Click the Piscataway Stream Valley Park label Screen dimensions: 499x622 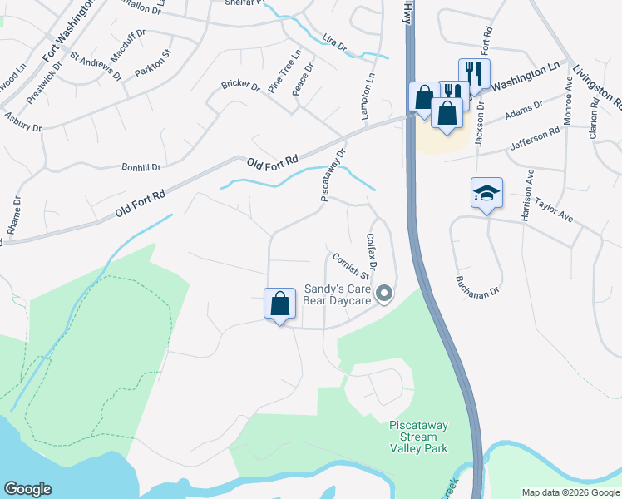click(x=418, y=437)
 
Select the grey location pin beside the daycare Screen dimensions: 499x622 click(x=383, y=294)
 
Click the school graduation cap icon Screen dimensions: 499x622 click(x=486, y=194)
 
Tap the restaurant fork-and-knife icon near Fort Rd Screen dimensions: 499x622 click(x=473, y=72)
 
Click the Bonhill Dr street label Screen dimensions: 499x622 click(x=141, y=167)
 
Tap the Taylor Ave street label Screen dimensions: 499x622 click(x=554, y=209)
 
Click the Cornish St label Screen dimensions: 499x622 click(x=350, y=265)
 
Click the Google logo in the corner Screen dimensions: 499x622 click(x=27, y=489)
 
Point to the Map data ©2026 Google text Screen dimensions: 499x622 click(x=570, y=492)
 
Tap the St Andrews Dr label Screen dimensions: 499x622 click(x=96, y=67)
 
